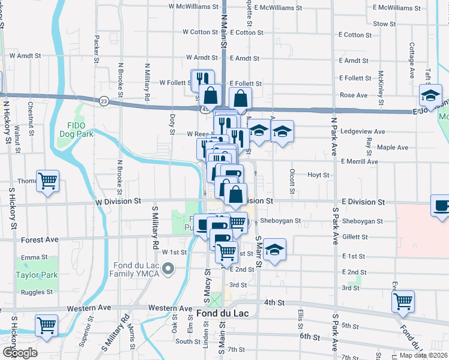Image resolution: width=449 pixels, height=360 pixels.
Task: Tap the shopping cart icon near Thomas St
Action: pos(48,180)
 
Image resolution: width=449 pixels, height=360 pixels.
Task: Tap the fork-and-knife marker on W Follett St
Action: pos(202,79)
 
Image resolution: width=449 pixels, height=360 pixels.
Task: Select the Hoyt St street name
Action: pos(318,175)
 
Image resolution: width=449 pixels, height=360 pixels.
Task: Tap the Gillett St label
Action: pos(354,238)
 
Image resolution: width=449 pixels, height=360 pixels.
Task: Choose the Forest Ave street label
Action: pos(40,239)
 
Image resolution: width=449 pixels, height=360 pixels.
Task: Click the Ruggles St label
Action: pos(33,293)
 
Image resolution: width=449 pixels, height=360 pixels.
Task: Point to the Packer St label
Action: pos(96,49)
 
